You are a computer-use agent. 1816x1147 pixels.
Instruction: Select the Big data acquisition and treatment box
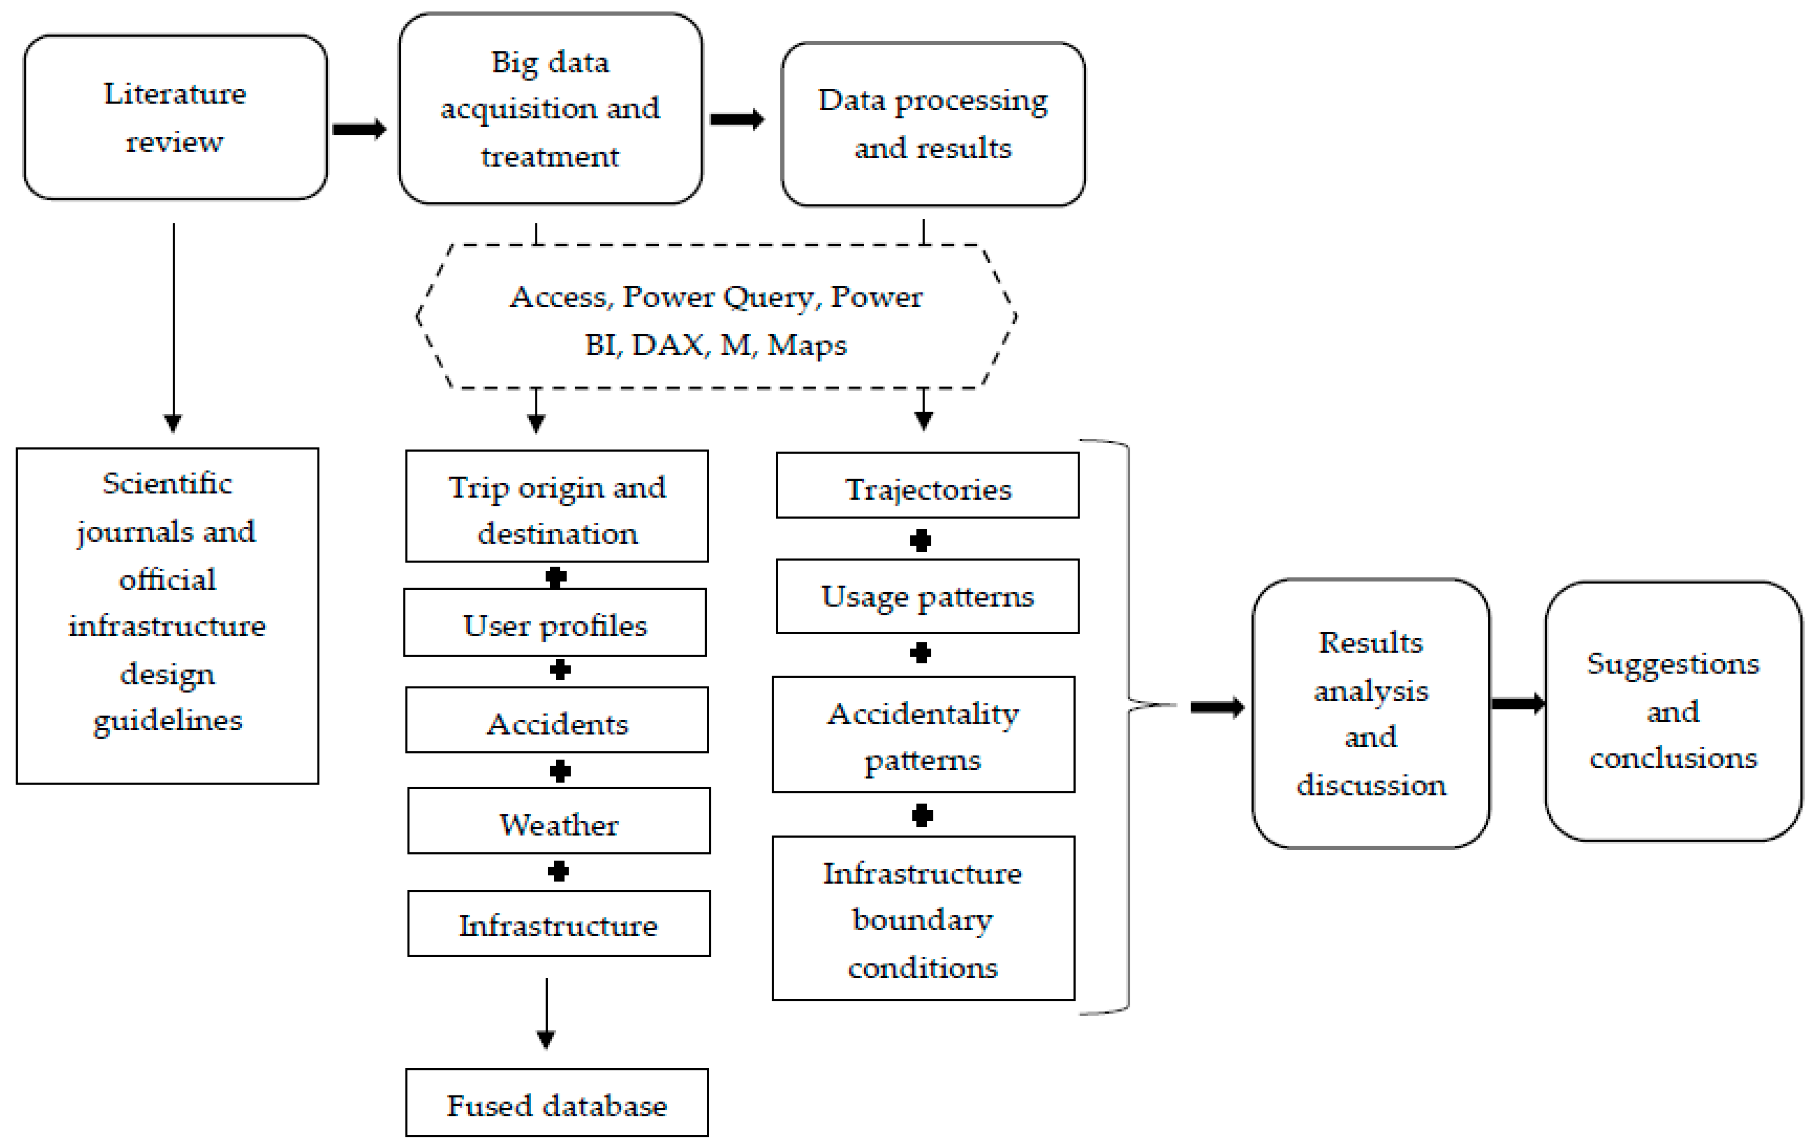[551, 109]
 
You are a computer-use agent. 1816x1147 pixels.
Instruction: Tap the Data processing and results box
[933, 124]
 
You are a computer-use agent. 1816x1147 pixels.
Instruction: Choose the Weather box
[559, 821]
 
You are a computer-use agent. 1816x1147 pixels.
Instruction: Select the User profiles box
[555, 623]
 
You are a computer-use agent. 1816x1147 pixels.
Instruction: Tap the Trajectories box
[928, 485]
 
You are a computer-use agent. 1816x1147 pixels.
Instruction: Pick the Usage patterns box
[928, 596]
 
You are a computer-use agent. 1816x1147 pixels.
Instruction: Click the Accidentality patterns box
[924, 734]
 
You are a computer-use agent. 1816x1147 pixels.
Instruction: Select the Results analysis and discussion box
[1371, 713]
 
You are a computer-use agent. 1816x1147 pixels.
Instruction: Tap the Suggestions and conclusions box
[1673, 711]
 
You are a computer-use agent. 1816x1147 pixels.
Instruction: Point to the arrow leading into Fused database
[546, 1014]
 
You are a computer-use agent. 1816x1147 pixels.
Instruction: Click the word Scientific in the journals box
[167, 483]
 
